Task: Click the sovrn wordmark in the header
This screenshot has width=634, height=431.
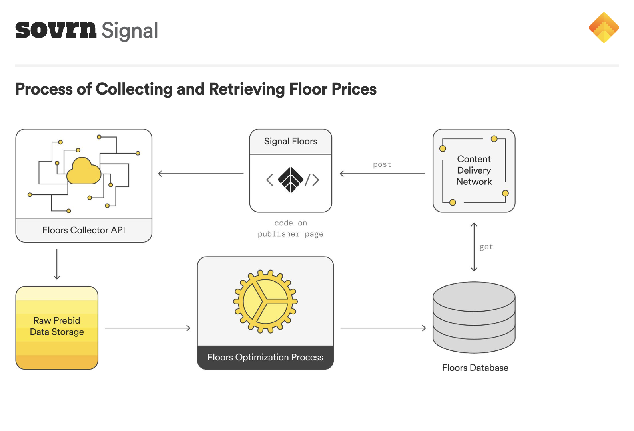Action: click(x=56, y=30)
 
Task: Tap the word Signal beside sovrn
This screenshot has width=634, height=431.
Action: click(x=130, y=30)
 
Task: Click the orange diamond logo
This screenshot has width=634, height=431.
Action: click(x=604, y=28)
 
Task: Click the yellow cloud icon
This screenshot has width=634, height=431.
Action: click(x=84, y=171)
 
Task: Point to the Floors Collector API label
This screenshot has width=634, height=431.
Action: click(x=84, y=230)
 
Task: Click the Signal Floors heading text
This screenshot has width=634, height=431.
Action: click(x=291, y=141)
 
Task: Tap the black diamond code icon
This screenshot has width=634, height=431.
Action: click(x=291, y=180)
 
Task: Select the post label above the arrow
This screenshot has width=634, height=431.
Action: click(x=382, y=164)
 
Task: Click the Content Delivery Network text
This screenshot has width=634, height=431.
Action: click(x=474, y=170)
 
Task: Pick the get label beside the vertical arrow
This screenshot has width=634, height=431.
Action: click(x=486, y=247)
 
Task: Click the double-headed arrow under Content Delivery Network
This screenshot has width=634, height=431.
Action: click(x=474, y=247)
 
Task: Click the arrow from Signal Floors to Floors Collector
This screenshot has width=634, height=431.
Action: click(x=201, y=174)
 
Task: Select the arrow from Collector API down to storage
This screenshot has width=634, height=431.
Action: click(x=57, y=264)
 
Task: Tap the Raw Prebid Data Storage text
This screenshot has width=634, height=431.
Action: click(x=57, y=326)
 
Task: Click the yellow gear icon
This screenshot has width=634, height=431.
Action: click(x=265, y=301)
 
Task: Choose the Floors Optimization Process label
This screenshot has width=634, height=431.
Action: click(x=265, y=357)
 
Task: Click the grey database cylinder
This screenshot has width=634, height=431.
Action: click(x=474, y=317)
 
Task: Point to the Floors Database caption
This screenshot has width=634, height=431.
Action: click(x=475, y=368)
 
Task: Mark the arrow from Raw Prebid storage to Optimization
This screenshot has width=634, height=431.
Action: click(x=148, y=328)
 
